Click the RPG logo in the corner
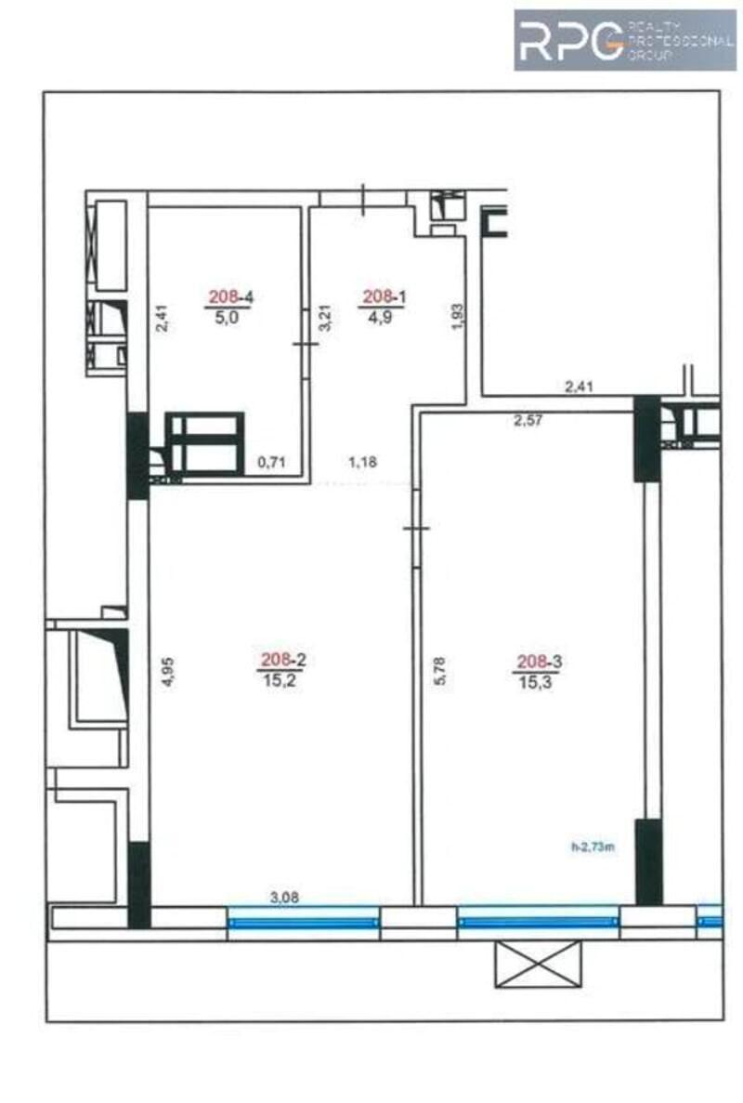click(x=625, y=40)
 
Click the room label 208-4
click(x=229, y=298)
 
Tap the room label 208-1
click(x=384, y=298)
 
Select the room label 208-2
click(x=284, y=660)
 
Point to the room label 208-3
click(x=540, y=662)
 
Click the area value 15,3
click(x=536, y=681)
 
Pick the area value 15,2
click(x=281, y=679)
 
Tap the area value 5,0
click(x=228, y=317)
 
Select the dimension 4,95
click(x=167, y=672)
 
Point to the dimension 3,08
click(x=285, y=898)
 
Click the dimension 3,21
click(x=324, y=319)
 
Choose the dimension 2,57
click(x=528, y=421)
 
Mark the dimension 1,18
click(x=363, y=462)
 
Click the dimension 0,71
click(x=270, y=462)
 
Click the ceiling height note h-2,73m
click(x=593, y=847)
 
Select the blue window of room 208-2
click(x=304, y=923)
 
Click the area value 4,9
click(x=380, y=317)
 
